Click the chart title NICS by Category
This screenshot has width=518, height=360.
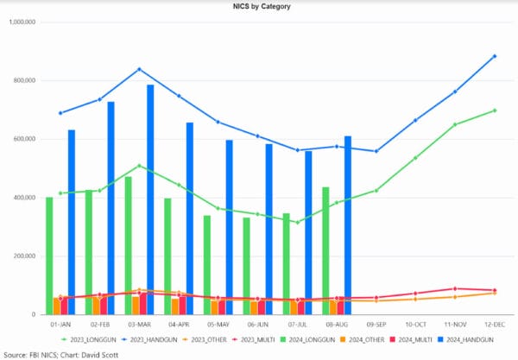pos(259,6)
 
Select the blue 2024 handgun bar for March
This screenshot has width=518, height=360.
pos(150,199)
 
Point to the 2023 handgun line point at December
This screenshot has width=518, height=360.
pos(495,56)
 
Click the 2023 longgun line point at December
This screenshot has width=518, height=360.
pos(495,111)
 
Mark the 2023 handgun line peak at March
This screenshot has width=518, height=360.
pos(139,69)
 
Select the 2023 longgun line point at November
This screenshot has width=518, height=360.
pos(455,124)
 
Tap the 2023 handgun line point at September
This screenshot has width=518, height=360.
pos(376,151)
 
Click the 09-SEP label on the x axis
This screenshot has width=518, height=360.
pos(376,325)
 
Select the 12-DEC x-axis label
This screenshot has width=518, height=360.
pos(495,325)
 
